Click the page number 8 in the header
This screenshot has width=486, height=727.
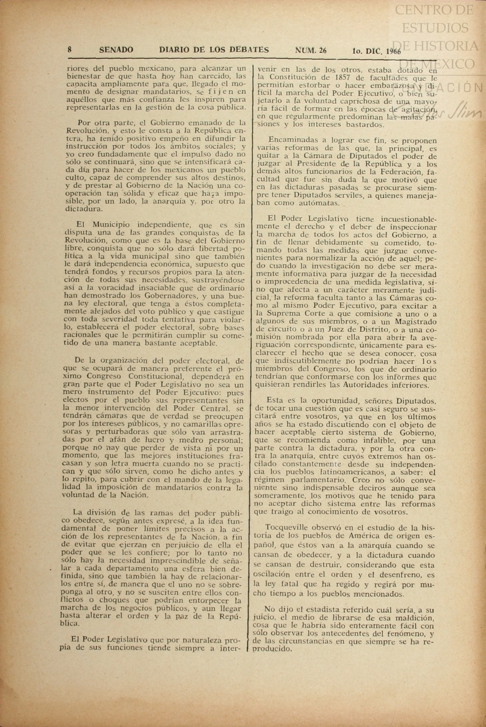click(x=69, y=50)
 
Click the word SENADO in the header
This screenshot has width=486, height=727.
click(x=116, y=50)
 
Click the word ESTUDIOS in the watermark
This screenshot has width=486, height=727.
click(x=435, y=28)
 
